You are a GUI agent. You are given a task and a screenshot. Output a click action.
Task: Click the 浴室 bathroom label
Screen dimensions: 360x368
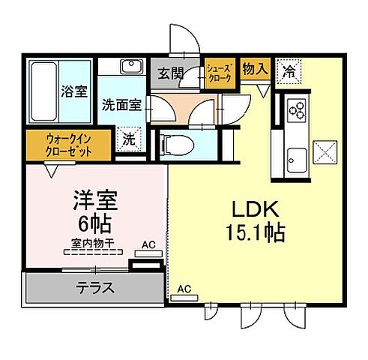[x=73, y=92]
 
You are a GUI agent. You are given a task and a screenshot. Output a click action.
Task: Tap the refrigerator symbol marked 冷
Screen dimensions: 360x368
[x=289, y=71]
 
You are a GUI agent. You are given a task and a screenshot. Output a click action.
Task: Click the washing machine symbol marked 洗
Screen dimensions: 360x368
[x=130, y=139]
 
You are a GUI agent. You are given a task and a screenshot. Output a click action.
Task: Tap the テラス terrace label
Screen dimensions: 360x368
[x=95, y=286]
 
